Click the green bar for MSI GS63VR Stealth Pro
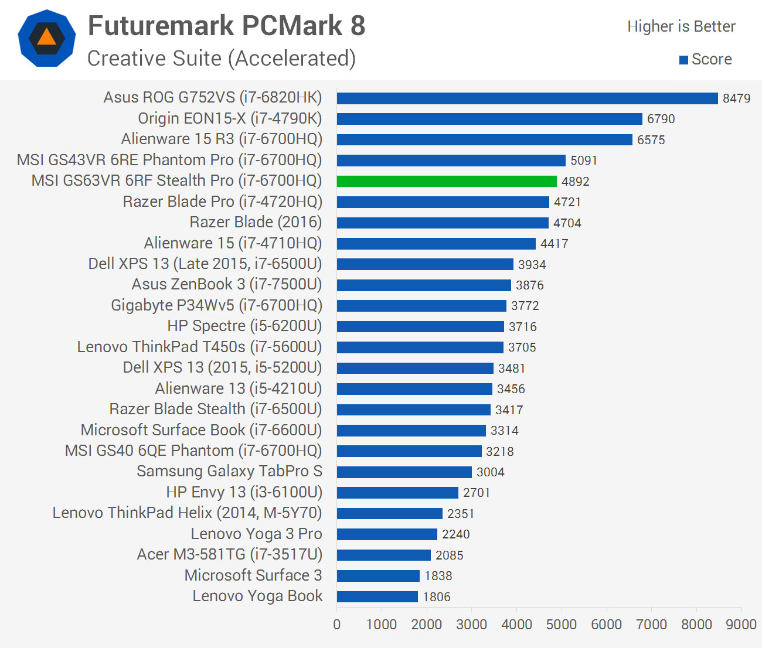(447, 181)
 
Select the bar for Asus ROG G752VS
(527, 98)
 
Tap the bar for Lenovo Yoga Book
(377, 596)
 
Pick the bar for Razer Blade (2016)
(443, 223)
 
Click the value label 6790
(661, 119)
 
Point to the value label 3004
(491, 472)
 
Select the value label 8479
(736, 98)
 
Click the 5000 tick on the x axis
(562, 625)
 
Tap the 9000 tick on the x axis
(741, 625)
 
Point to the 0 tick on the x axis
(337, 625)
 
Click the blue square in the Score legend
(683, 60)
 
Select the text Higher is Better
(681, 26)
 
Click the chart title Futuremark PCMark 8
(226, 26)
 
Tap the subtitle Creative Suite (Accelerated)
(222, 59)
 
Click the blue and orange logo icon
(47, 38)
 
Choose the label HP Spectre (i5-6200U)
(244, 326)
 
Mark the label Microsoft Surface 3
(253, 575)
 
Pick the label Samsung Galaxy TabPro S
(229, 472)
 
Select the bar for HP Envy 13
(397, 493)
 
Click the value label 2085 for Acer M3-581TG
(450, 555)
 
